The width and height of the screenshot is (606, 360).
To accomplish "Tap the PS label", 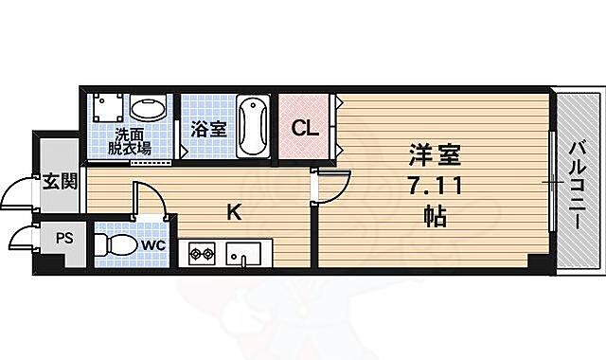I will (63, 240).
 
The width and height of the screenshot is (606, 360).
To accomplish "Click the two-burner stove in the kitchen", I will (202, 253).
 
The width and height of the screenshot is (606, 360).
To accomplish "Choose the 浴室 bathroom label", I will (208, 129).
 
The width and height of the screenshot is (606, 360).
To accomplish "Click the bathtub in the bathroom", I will (252, 126).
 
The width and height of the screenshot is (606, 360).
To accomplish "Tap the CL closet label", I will (303, 128).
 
